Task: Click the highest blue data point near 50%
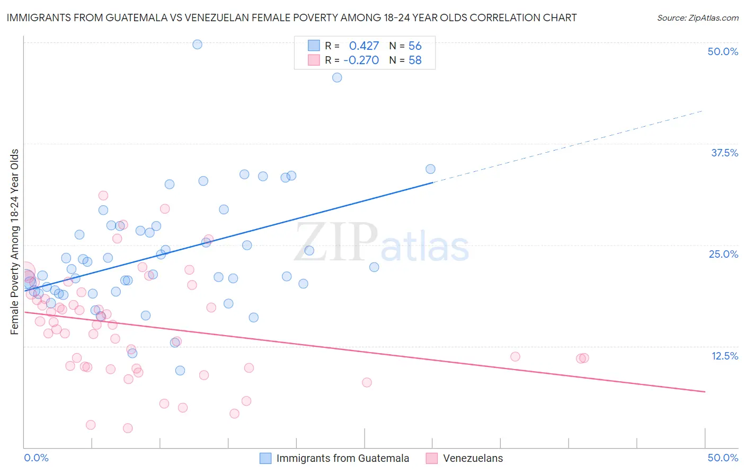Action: point(197,45)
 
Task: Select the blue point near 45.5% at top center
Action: point(337,77)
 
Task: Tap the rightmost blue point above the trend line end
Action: point(430,169)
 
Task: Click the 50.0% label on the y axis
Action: point(723,51)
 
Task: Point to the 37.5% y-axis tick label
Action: point(724,153)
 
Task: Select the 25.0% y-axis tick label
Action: point(723,254)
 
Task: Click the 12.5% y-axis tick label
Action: point(724,356)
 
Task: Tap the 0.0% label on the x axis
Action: point(36,458)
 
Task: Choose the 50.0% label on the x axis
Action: point(723,458)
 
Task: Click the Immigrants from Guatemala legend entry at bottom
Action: point(342,458)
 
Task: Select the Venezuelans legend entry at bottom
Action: point(473,458)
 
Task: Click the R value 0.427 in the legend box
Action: point(363,46)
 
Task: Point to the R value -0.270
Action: point(361,60)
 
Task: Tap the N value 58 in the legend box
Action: point(415,60)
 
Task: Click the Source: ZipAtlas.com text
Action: point(697,18)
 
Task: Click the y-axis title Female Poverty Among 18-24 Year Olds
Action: point(15,242)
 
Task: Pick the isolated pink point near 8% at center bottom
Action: point(367,382)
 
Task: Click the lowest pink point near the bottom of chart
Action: point(128,428)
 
